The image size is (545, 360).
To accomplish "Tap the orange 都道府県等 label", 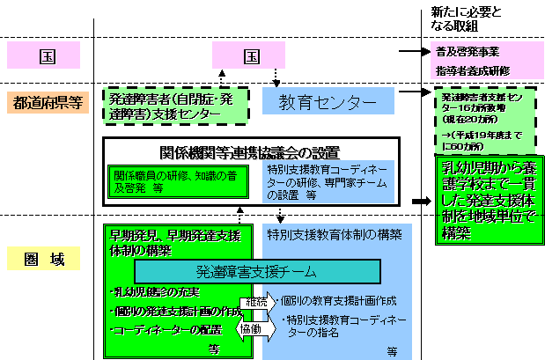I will point(48,102).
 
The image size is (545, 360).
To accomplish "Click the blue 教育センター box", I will point(316,100).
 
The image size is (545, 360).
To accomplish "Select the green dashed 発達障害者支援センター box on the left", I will point(169,102).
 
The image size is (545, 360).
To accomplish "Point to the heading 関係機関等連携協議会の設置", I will point(251,151).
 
